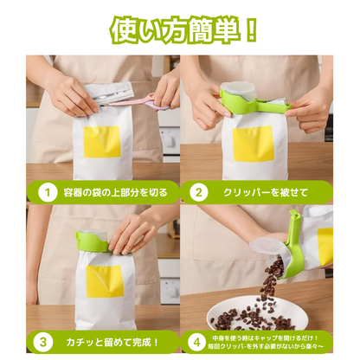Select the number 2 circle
(200, 191)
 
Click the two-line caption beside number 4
(268, 341)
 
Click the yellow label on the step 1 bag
(102, 141)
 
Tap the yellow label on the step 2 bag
(254, 144)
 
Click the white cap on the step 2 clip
(237, 88)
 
